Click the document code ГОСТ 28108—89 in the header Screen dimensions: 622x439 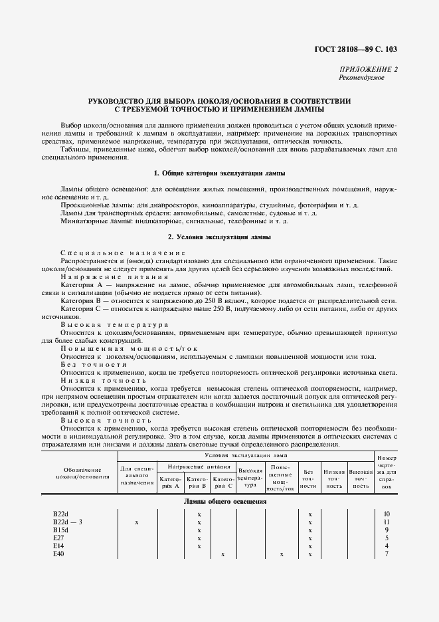pos(353,50)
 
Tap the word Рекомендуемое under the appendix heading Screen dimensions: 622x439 pos(361,77)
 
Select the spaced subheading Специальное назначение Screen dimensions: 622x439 pos(123,253)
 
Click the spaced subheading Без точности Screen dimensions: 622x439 pos(94,365)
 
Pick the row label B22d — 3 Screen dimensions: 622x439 pos(68,523)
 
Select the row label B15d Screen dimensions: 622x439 pos(61,530)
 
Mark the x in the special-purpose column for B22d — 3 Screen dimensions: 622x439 pos(137,523)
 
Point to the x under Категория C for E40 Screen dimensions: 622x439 pos(223,554)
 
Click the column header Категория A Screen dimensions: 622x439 pos(171,482)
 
